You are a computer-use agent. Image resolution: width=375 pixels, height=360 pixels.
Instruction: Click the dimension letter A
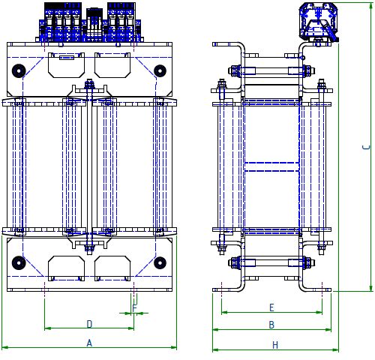click(89, 343)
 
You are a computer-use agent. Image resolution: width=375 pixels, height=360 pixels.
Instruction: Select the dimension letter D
click(89, 324)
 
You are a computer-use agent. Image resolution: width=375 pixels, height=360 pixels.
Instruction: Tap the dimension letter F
click(134, 308)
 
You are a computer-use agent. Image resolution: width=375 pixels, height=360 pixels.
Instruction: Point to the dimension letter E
click(271, 307)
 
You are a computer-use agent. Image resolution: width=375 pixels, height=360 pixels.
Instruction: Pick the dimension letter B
click(271, 325)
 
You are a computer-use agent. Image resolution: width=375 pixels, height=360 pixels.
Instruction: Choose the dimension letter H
click(275, 345)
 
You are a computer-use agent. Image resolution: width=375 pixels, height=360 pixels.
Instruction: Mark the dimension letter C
click(366, 147)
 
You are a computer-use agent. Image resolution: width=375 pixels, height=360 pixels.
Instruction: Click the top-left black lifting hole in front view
click(19, 71)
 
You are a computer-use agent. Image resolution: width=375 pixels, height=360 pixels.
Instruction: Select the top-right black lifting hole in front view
click(160, 71)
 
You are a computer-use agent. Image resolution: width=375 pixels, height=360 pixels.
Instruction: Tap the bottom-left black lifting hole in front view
click(19, 263)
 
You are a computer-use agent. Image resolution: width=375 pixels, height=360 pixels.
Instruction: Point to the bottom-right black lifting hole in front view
click(160, 263)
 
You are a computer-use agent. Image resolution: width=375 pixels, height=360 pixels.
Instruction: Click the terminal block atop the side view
click(319, 22)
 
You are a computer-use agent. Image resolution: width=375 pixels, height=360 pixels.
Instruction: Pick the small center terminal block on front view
click(94, 25)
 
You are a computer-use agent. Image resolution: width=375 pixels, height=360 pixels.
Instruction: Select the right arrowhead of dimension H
click(335, 349)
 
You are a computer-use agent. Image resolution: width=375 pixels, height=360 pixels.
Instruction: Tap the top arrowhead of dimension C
click(371, 6)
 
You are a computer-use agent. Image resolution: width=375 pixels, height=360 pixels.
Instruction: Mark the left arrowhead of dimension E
click(224, 312)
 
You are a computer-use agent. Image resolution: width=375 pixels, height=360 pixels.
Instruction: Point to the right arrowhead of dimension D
click(131, 328)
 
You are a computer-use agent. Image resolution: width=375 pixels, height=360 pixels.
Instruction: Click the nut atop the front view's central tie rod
click(89, 85)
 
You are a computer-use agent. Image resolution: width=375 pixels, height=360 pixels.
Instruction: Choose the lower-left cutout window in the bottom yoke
click(66, 268)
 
